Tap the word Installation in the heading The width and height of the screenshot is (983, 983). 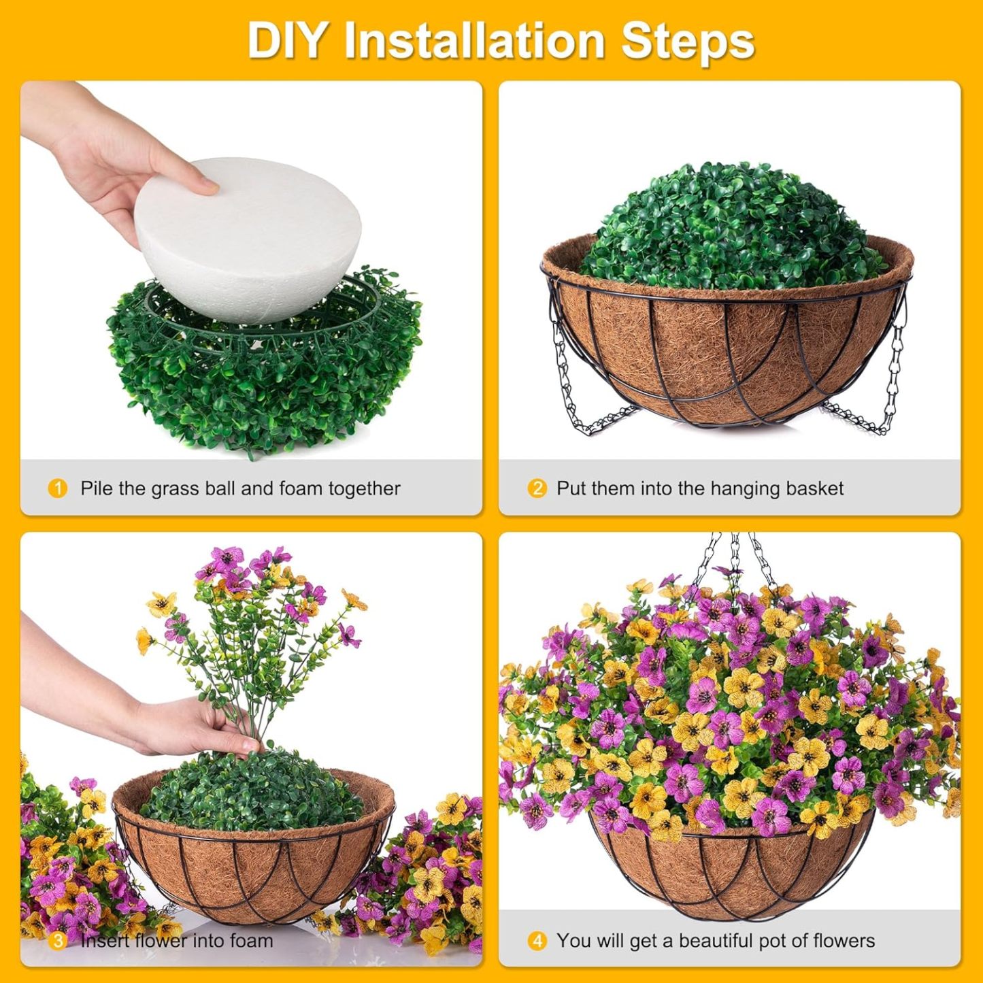pos(474,41)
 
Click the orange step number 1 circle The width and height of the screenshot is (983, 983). pos(58,488)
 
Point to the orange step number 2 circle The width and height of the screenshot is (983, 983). pos(537,488)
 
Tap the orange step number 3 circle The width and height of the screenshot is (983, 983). pos(58,941)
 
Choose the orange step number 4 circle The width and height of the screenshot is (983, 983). pos(537,941)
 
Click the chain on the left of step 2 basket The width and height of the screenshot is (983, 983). pos(568,381)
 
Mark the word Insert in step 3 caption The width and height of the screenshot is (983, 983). pos(105,941)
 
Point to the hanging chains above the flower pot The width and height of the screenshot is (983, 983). pos(735,558)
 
